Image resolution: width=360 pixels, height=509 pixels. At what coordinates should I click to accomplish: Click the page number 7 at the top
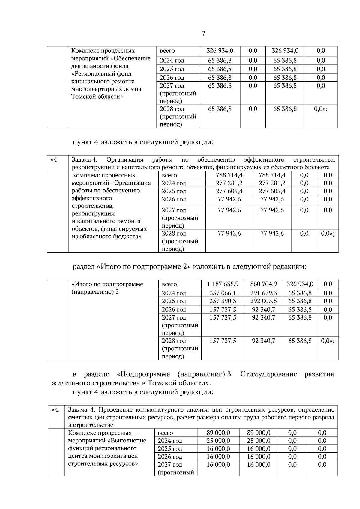203,33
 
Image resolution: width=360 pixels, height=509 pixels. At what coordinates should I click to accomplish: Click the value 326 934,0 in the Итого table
300,284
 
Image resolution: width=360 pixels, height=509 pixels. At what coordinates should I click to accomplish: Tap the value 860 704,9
263,284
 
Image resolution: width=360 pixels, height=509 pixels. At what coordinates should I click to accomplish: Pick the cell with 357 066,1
223,293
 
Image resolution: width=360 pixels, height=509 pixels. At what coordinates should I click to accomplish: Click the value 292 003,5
263,301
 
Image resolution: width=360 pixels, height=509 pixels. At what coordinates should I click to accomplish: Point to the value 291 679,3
263,293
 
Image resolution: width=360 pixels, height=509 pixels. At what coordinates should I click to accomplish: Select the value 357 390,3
223,301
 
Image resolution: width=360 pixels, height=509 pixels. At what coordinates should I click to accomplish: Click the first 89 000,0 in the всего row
218,433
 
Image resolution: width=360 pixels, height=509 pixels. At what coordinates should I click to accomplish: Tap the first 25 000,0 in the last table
218,440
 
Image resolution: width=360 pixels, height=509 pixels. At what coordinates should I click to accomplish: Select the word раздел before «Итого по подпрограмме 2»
84,266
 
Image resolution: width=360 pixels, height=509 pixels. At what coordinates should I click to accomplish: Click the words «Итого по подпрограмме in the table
107,284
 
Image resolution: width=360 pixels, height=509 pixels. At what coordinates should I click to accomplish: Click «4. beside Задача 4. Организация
55,159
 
